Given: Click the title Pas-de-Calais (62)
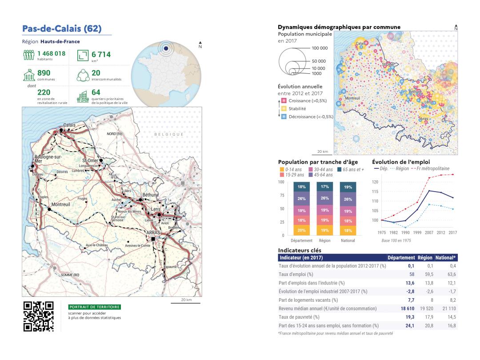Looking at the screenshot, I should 62,29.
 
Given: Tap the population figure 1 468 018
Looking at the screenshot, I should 51,53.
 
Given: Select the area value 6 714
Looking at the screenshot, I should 101,54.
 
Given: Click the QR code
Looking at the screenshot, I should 38,316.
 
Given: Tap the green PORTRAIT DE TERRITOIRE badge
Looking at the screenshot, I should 95,307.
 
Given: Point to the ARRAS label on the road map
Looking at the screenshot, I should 153,232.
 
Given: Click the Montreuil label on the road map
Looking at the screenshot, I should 62,204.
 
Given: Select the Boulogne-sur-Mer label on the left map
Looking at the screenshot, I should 48,159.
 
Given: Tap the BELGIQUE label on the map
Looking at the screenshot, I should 169,134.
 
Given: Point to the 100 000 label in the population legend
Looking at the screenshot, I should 319,48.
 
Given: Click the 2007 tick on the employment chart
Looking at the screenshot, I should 429,232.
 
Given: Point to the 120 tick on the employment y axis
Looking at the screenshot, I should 376,182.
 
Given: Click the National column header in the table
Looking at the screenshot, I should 448,257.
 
